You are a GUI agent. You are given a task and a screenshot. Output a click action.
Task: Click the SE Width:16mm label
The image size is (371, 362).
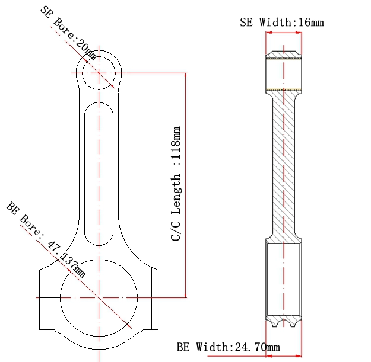[282, 23]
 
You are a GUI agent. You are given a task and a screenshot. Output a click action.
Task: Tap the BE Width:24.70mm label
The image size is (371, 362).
[229, 347]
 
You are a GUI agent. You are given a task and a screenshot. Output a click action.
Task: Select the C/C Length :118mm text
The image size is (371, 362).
[176, 184]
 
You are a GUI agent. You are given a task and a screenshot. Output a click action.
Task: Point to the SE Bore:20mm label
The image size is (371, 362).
[68, 33]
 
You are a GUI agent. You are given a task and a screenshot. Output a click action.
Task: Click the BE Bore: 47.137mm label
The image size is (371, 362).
[46, 239]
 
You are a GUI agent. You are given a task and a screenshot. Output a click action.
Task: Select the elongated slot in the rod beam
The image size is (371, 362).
[85, 174]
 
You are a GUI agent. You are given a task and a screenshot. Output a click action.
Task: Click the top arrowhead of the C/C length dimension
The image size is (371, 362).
[186, 75]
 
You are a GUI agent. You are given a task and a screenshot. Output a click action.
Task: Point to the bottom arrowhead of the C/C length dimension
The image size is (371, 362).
[186, 296]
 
